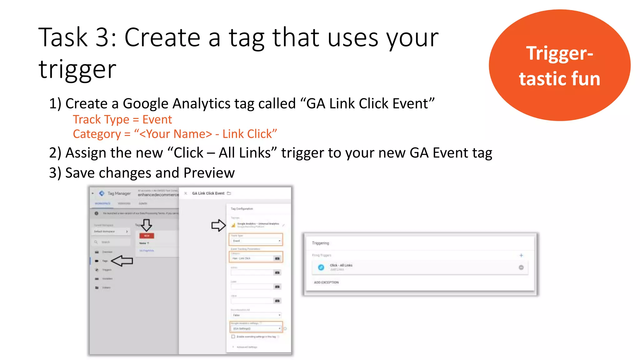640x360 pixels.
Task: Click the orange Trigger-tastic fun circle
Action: tap(559, 65)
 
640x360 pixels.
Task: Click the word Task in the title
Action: tap(62, 37)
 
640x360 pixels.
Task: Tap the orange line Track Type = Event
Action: tap(122, 119)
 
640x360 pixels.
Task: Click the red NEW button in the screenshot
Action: tap(147, 236)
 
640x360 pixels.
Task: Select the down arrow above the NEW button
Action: tap(146, 225)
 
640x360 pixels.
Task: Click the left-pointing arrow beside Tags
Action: tap(122, 261)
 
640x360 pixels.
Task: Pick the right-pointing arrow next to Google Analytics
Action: tap(218, 225)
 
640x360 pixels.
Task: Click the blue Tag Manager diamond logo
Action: tap(102, 193)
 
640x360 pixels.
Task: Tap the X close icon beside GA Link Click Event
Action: tap(186, 193)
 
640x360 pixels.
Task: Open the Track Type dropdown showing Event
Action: tap(256, 241)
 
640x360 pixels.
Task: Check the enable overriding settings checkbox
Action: tap(233, 337)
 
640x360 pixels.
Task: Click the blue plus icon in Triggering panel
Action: tap(521, 255)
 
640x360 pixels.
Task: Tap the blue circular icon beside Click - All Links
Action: tap(321, 267)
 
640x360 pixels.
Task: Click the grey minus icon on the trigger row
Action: tap(521, 267)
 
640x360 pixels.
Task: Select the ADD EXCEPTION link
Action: tap(326, 282)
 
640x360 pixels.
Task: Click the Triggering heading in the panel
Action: tap(320, 243)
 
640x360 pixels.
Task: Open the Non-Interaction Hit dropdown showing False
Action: tap(256, 315)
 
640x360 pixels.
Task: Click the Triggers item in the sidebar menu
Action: tap(107, 270)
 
